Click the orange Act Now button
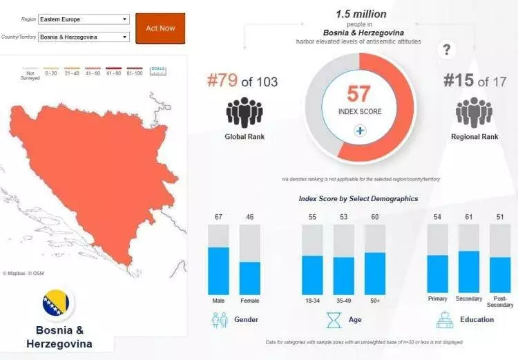[160, 28]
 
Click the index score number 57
[359, 93]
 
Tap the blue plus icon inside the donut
[359, 131]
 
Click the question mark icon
[447, 50]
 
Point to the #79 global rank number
[222, 82]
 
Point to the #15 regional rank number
[459, 81]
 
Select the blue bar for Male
[218, 271]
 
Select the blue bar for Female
[249, 278]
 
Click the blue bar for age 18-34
[312, 275]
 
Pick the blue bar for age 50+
[375, 274]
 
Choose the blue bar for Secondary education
[469, 272]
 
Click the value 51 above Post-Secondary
[500, 217]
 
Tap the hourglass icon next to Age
[334, 320]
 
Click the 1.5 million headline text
[361, 14]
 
